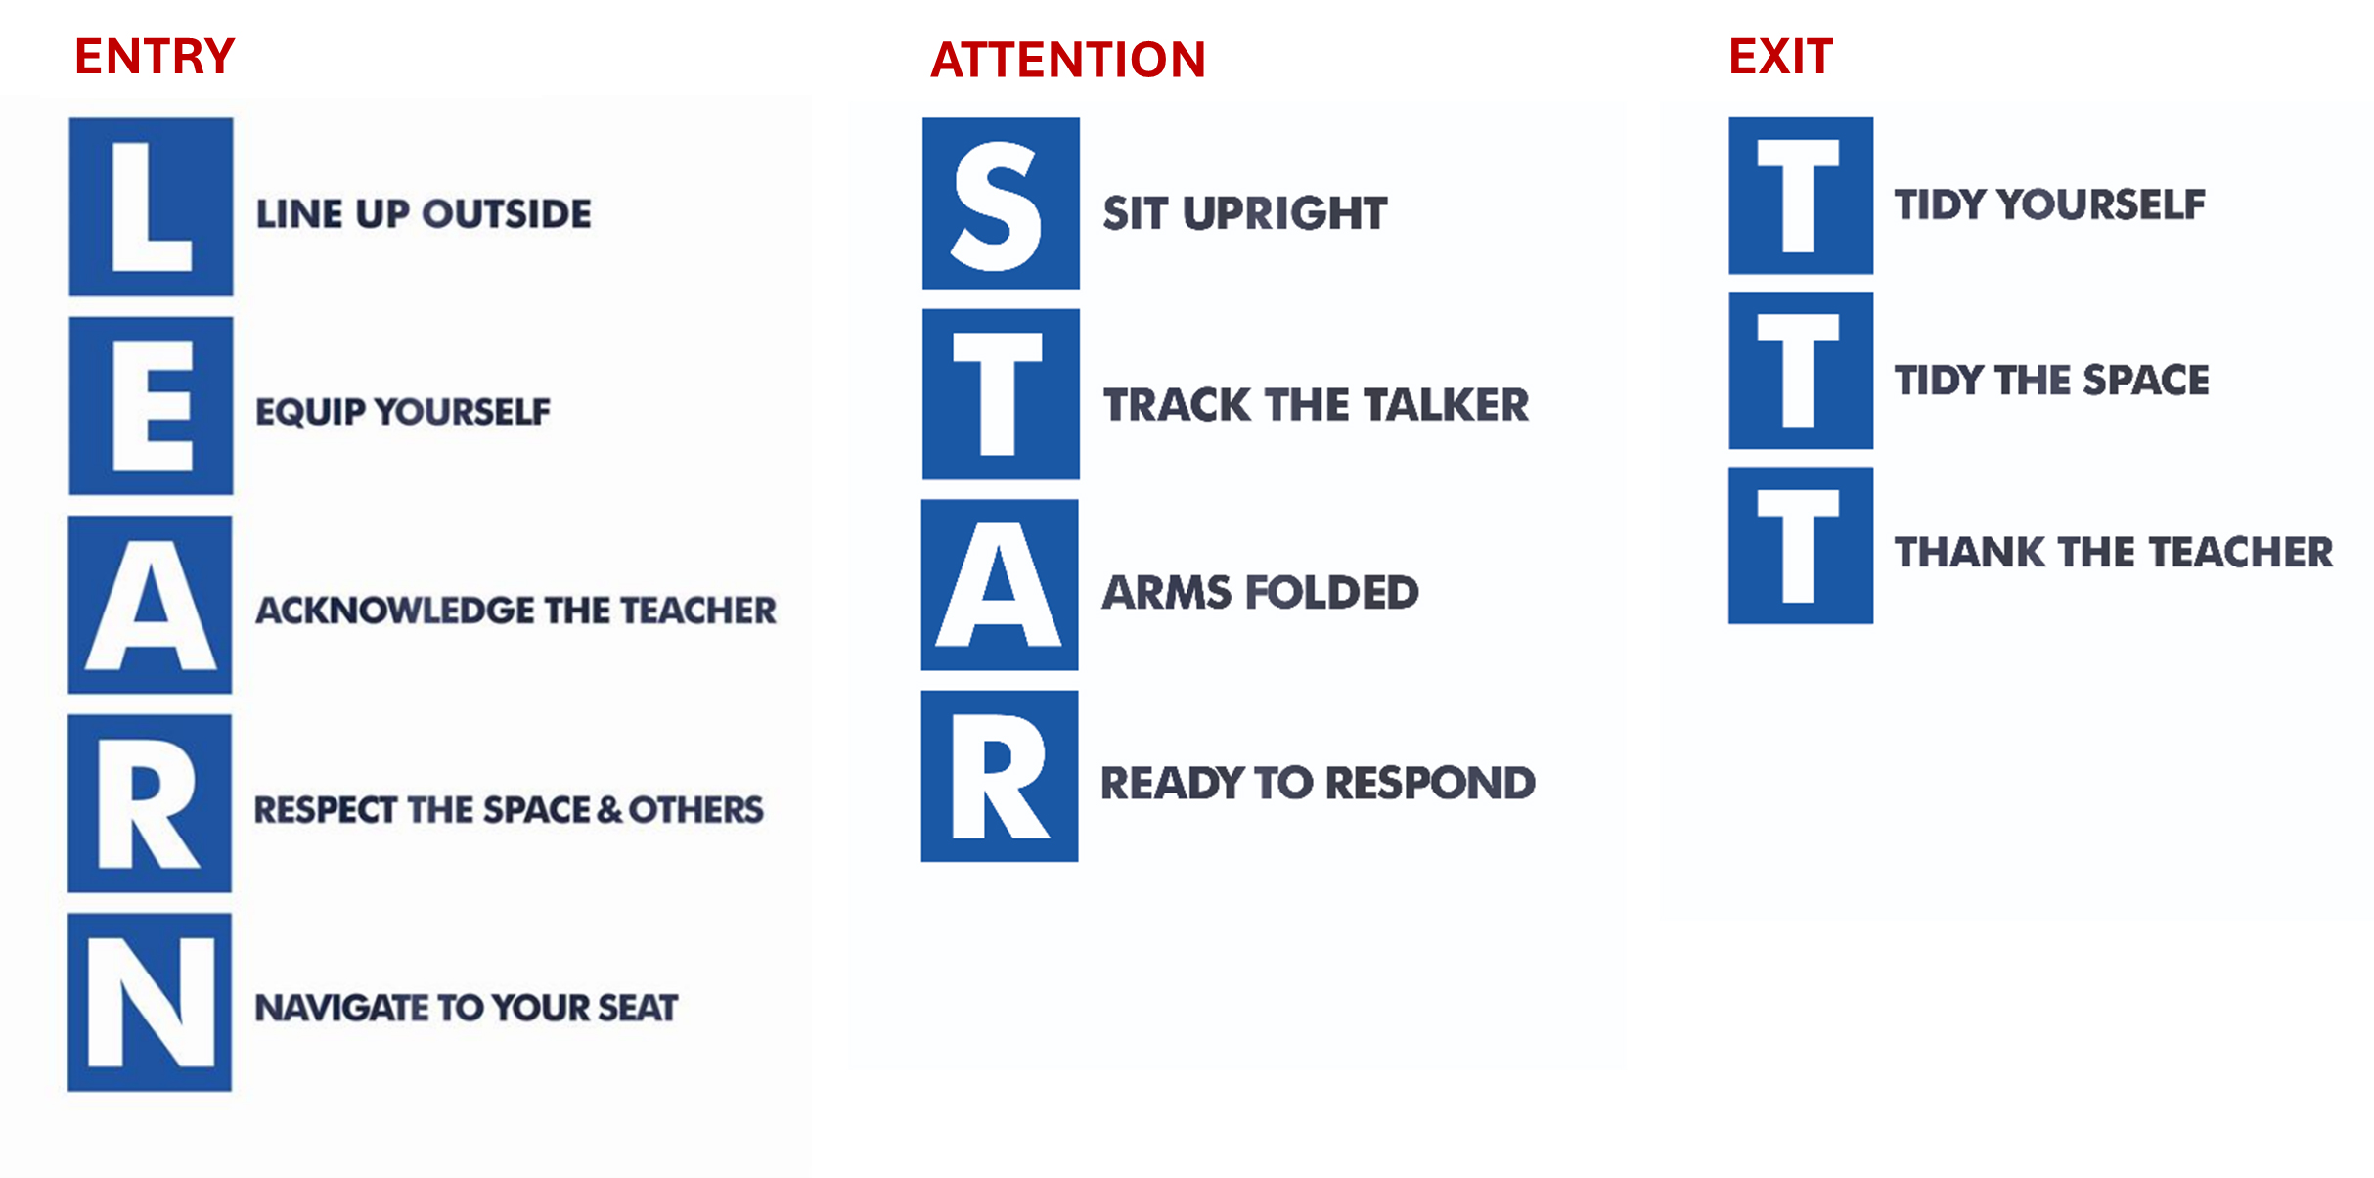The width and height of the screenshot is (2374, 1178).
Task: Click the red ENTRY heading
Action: tap(155, 56)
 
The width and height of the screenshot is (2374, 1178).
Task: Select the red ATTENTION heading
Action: tap(1068, 60)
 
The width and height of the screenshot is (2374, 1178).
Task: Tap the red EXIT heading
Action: tap(1780, 56)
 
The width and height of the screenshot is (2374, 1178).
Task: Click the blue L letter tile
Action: tap(151, 206)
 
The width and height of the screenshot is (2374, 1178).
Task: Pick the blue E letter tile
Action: tap(151, 405)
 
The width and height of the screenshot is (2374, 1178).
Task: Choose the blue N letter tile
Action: tap(150, 1002)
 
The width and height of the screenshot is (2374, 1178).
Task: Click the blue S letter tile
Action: tap(1001, 204)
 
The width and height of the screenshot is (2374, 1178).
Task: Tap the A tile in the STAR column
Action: tap(1000, 585)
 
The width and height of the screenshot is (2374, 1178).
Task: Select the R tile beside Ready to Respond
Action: tap(1000, 776)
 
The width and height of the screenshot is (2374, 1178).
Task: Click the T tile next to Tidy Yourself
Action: tap(1801, 196)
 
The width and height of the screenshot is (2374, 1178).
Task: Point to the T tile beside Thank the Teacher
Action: tap(1801, 545)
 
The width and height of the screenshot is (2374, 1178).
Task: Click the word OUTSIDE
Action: tap(507, 213)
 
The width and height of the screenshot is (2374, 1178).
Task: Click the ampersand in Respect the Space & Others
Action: tap(608, 810)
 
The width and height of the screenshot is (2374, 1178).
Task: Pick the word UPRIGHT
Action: tap(1284, 213)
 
